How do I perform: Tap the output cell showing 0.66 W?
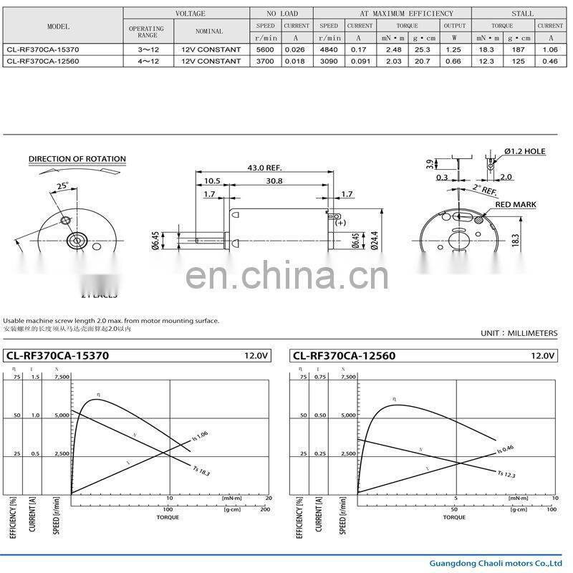point(454,61)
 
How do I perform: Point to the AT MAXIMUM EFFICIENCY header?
point(406,14)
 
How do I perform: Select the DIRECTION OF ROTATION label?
point(77,159)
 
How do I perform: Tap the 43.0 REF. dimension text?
point(261,168)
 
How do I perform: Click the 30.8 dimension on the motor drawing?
point(274,181)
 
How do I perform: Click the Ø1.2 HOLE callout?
point(524,152)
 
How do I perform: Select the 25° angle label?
point(63,186)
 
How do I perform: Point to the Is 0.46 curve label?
point(506,450)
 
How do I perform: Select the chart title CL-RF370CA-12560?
point(344,356)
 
